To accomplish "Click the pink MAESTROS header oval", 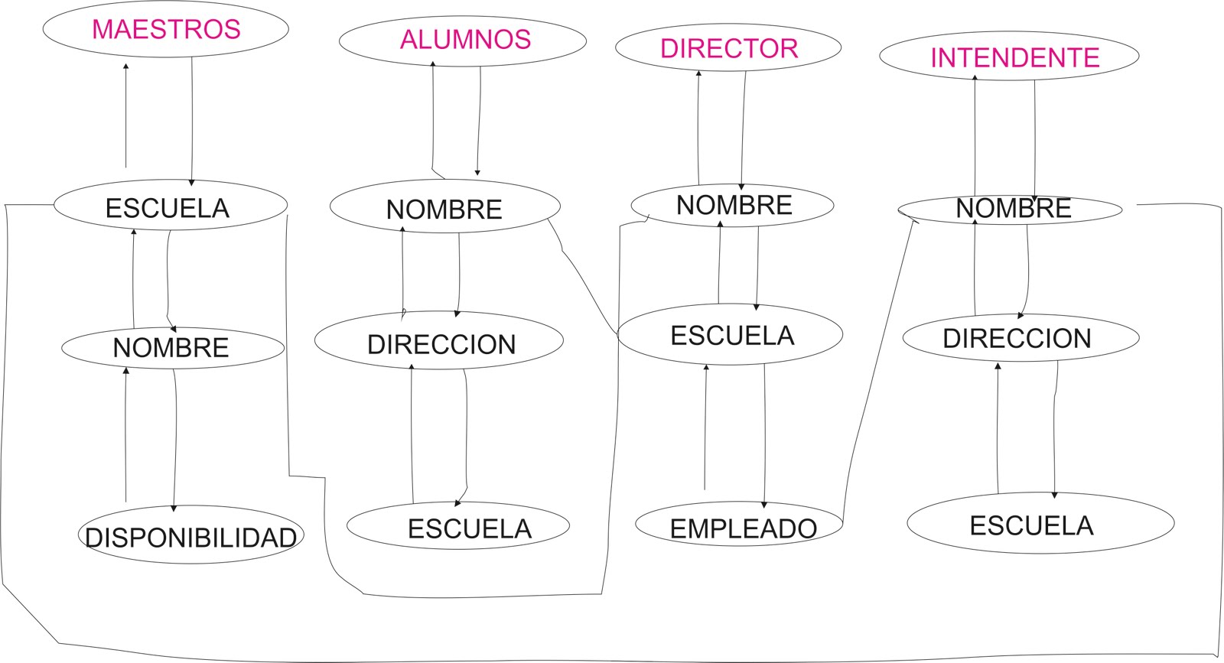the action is pos(166,29).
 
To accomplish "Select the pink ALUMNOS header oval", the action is pos(463,40).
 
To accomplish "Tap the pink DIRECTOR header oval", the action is pos(728,48).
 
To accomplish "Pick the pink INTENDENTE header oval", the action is pos(1010,57).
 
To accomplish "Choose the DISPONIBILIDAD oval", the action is pos(190,536).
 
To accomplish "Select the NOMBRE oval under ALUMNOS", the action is pos(444,207).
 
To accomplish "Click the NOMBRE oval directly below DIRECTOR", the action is pos(732,205).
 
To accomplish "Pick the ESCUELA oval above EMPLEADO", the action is pos(730,335).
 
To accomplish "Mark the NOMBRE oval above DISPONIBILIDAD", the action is pos(173,347).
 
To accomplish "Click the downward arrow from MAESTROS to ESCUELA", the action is pos(191,122).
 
